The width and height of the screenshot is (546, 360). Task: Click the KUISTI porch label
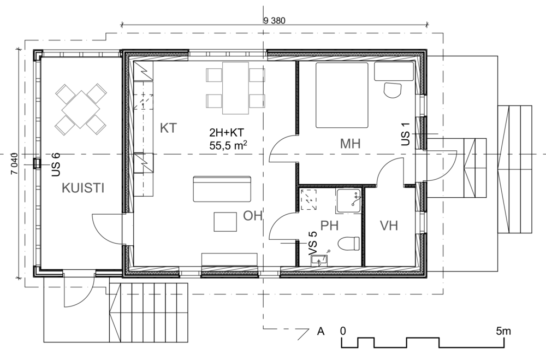83,188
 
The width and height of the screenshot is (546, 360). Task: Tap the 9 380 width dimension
275,21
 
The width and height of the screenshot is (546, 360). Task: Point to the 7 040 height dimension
14,164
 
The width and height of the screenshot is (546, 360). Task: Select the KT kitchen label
169,128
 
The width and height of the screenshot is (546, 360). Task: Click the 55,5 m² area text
228,145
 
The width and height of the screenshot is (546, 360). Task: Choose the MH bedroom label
351,144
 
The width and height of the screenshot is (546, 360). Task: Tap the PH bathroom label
329,226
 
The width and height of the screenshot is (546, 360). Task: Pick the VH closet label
389,226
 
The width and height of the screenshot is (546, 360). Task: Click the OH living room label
252,216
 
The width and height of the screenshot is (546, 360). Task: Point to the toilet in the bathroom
348,243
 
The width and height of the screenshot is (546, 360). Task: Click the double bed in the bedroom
342,95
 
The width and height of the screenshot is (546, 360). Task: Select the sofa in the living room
222,189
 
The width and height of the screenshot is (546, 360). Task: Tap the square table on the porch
81,109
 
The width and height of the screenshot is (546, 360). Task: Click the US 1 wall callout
405,134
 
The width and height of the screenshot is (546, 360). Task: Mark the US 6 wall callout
56,164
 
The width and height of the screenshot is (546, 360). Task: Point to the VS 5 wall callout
313,244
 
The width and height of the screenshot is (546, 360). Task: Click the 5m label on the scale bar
503,331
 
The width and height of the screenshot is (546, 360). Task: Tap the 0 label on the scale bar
343,331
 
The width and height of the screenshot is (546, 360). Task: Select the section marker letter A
321,331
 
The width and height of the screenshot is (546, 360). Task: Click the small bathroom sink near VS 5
319,260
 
